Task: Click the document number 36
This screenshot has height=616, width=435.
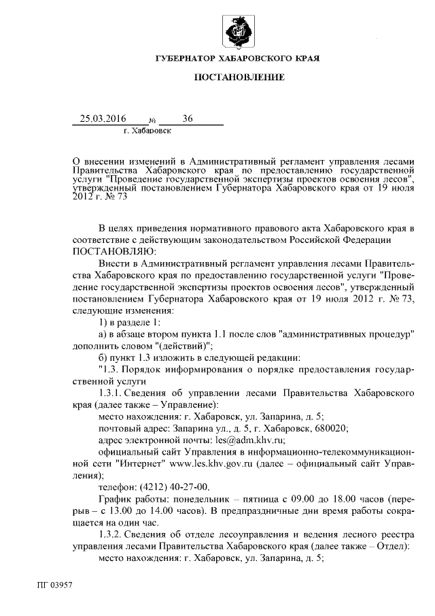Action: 188,118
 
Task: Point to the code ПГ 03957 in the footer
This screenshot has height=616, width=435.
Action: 55,584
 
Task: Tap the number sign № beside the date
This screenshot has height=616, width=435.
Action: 143,120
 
